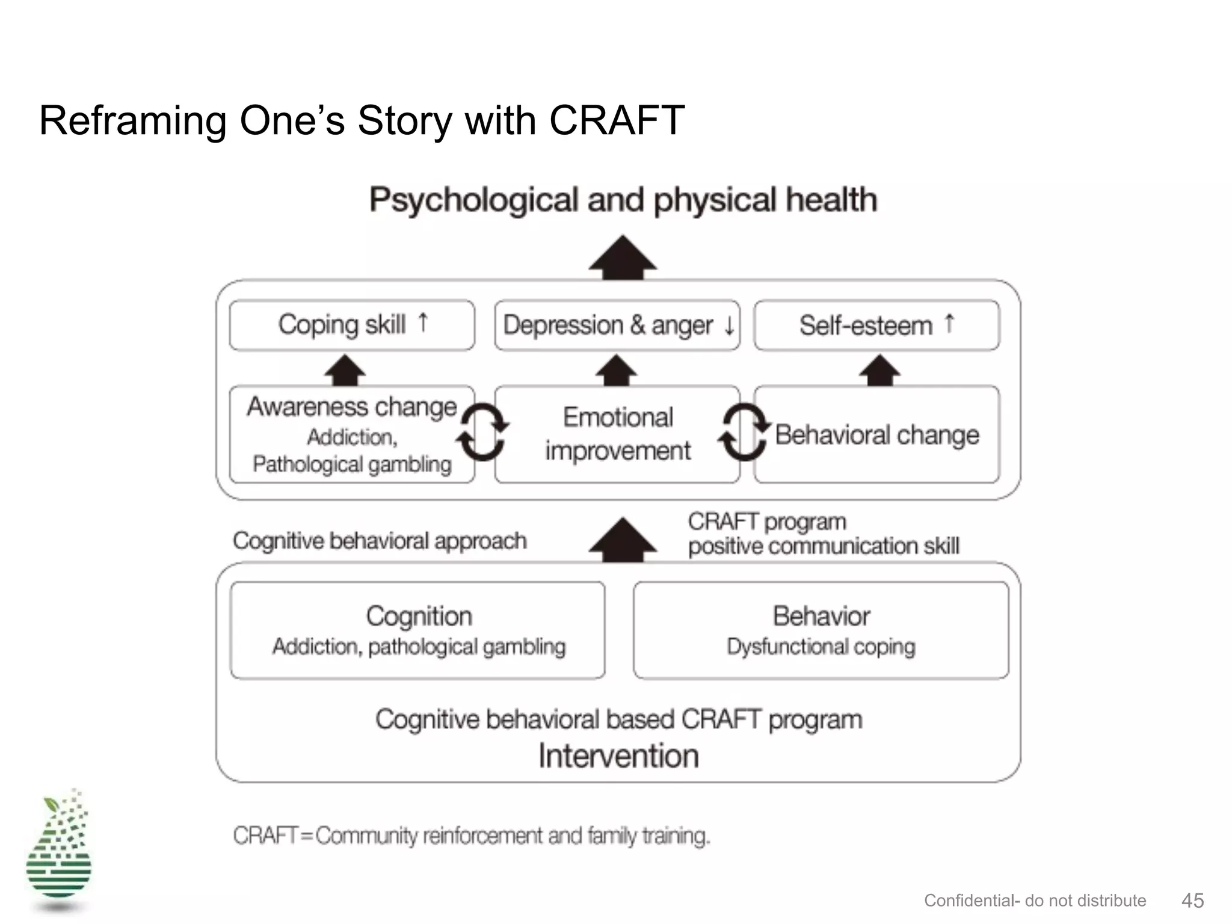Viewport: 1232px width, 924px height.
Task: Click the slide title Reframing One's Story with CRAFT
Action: tap(362, 120)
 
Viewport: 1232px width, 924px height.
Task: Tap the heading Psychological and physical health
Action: tap(623, 200)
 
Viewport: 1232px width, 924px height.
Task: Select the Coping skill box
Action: tap(352, 325)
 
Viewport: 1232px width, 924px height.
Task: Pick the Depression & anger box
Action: tap(617, 325)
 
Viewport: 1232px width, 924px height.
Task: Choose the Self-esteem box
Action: tap(876, 325)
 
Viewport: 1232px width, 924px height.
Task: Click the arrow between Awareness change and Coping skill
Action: tap(345, 369)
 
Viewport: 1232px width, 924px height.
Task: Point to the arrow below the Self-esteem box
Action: tap(879, 369)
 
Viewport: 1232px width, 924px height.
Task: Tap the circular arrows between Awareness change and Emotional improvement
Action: tap(482, 431)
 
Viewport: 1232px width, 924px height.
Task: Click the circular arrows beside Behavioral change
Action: tap(744, 431)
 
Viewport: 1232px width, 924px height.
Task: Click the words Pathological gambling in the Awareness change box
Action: tap(352, 464)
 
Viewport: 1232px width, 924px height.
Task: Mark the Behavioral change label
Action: tap(876, 434)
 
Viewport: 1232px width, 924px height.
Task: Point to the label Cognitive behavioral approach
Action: tap(380, 541)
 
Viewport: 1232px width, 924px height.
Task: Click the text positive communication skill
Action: tap(824, 546)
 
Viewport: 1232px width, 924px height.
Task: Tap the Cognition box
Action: tap(418, 630)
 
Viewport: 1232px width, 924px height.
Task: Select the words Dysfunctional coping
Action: tap(821, 647)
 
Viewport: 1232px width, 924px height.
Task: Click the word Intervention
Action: tap(618, 756)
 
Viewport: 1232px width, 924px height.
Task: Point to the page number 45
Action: tap(1192, 901)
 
